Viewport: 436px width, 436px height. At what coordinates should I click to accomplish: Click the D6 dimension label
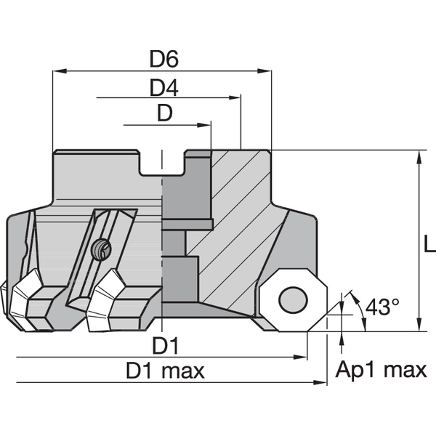click(163, 59)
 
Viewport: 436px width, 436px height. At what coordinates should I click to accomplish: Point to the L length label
click(429, 245)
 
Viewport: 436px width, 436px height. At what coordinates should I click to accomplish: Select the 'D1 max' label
click(165, 371)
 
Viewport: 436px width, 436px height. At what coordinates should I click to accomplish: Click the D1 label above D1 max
click(165, 344)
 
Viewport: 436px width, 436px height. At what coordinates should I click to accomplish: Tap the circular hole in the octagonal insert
click(293, 299)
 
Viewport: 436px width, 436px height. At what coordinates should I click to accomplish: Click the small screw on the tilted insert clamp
click(101, 251)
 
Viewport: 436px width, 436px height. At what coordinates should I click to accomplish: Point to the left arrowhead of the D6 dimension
click(58, 71)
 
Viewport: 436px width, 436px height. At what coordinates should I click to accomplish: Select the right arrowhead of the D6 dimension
click(267, 71)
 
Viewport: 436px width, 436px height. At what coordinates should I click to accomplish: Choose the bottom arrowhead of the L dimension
click(419, 326)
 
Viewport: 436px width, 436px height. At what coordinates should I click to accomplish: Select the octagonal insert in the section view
click(293, 299)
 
